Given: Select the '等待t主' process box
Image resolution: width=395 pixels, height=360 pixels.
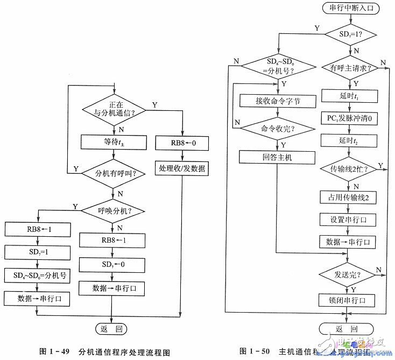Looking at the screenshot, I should point(114,143).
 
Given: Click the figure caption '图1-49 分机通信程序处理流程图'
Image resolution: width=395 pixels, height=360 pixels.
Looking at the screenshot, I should point(105,351).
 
